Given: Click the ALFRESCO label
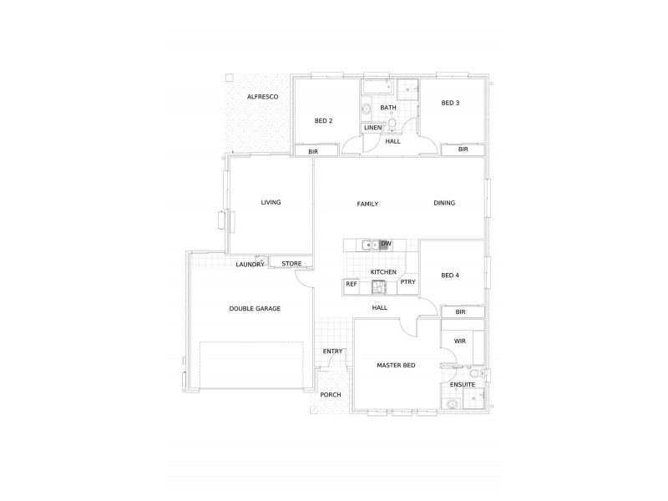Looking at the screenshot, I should [x=261, y=99].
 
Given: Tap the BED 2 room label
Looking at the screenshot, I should [x=323, y=121].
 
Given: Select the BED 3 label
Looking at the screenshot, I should [x=451, y=103].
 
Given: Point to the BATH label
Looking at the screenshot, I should [x=388, y=108].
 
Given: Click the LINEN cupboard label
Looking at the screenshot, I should [x=372, y=128].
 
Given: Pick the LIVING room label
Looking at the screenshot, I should [x=271, y=202].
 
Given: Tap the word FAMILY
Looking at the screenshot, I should [x=367, y=204].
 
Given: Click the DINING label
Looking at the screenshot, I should [x=444, y=203].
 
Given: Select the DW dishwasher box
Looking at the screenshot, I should [x=385, y=245].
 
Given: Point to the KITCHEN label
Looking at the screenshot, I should [x=383, y=272].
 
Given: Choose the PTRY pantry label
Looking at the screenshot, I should [x=407, y=282].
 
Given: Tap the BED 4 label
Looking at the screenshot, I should [x=450, y=276].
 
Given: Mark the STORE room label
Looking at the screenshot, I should [x=291, y=264].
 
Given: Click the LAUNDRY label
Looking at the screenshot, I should [x=250, y=265].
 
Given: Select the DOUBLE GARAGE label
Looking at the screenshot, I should [x=255, y=308].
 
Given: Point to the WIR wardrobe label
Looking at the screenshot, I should [x=459, y=342].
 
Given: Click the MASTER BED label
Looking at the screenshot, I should [x=396, y=366].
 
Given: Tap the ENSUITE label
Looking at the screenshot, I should [x=463, y=385].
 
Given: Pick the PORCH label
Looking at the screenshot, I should [x=331, y=395].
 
